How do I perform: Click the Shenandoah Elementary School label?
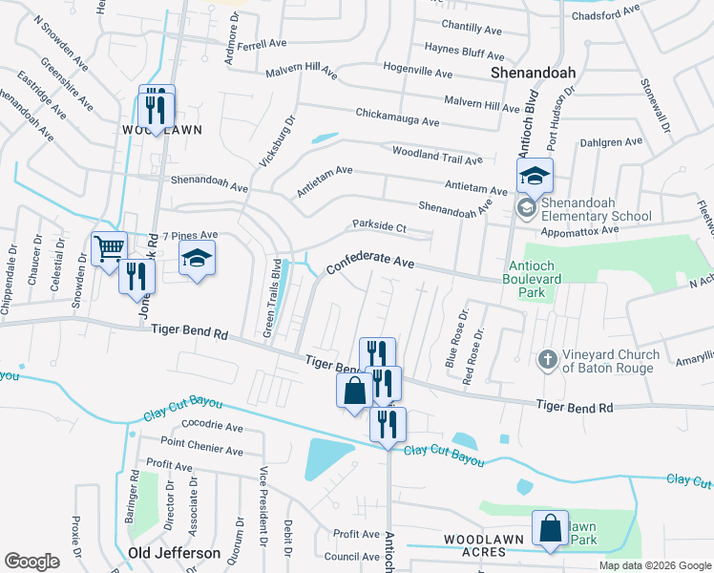[x=596, y=208]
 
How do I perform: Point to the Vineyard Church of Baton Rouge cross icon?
[x=547, y=359]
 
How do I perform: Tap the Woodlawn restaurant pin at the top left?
[x=156, y=109]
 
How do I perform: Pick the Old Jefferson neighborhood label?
[x=175, y=553]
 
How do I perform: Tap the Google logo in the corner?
[x=31, y=561]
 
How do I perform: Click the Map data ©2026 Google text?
[x=654, y=565]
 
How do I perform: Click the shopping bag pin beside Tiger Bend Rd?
[x=354, y=392]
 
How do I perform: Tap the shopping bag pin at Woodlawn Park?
[x=551, y=529]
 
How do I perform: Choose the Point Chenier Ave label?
[x=201, y=446]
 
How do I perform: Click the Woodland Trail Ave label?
[x=437, y=155]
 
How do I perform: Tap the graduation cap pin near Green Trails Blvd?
[x=198, y=259]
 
